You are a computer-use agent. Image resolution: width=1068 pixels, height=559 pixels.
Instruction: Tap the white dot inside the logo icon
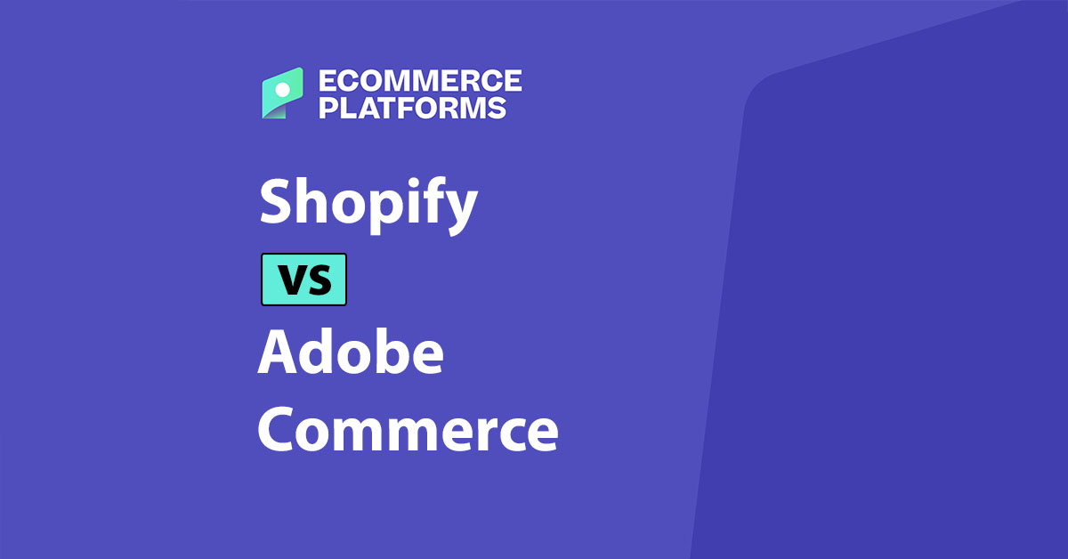[x=283, y=89]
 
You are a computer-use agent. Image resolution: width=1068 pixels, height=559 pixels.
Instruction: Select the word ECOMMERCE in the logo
[x=419, y=81]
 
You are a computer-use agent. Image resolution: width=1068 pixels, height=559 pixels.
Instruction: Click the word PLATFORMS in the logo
[x=412, y=108]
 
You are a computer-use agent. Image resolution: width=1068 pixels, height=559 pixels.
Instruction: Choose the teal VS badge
[x=303, y=279]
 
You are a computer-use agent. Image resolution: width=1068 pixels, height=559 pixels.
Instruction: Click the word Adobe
[x=350, y=353]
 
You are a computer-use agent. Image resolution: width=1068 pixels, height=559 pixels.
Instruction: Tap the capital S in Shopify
[x=276, y=202]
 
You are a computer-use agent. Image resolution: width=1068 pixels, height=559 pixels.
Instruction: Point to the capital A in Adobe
[x=276, y=352]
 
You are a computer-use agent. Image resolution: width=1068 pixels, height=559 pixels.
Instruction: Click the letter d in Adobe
[x=318, y=352]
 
